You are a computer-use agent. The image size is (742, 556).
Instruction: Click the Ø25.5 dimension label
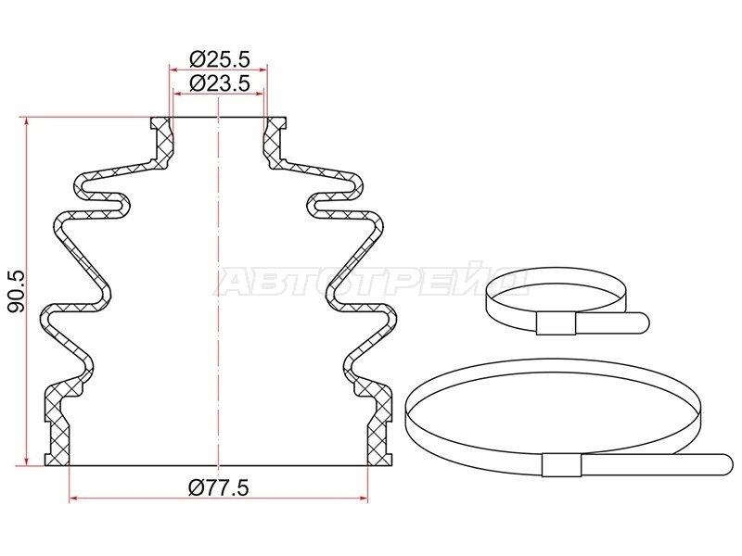coord(219,59)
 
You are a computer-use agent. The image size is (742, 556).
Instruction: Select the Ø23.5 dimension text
coord(219,83)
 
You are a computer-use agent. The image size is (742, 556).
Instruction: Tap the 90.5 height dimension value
coord(18,292)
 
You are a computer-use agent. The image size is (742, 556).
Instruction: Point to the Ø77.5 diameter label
coord(218,487)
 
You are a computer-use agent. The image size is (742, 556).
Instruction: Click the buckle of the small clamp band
coord(556,323)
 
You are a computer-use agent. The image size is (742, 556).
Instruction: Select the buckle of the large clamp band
coord(562,464)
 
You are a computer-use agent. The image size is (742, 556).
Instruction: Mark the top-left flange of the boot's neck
coord(160,124)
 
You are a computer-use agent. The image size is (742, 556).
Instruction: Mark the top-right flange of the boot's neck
coord(276,124)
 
